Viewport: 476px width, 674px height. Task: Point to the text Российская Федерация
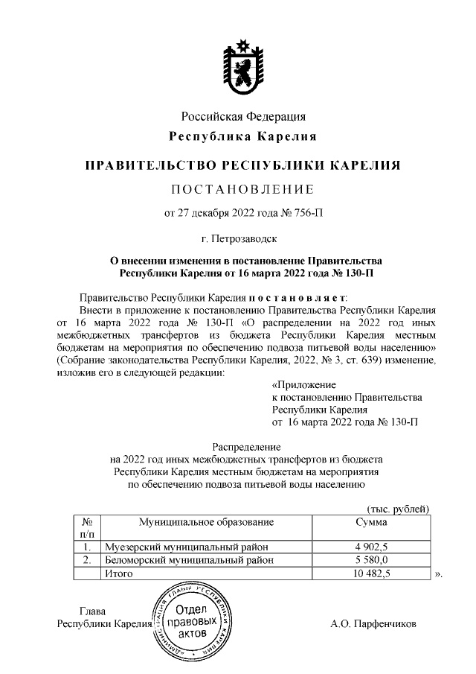point(244,116)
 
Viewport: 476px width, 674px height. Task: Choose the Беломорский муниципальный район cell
point(187,559)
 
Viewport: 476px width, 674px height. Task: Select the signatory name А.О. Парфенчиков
point(373,623)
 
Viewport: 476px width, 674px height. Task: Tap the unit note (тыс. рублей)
point(399,508)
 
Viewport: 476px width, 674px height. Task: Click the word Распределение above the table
point(243,448)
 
